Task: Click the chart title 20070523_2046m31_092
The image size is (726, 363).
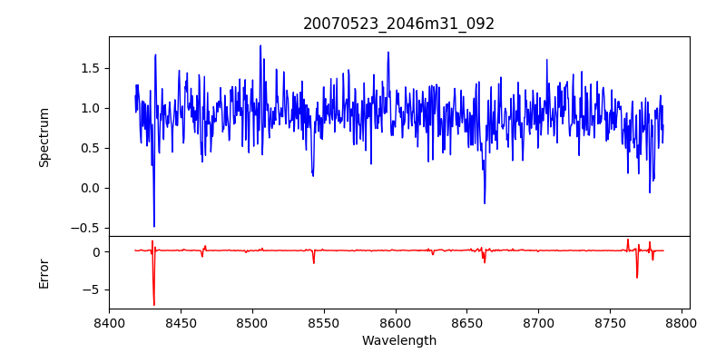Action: tap(398, 24)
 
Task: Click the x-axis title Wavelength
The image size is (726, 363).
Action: tap(398, 340)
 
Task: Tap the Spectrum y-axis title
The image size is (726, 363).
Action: tap(44, 137)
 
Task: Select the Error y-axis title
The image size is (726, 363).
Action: tap(44, 272)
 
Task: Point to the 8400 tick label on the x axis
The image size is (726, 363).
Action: tap(109, 323)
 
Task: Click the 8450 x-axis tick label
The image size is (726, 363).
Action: tap(181, 323)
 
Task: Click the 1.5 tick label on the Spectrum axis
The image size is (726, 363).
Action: tap(91, 68)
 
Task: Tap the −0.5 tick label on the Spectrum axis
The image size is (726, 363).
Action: tap(87, 228)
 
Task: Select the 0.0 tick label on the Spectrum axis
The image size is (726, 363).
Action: tap(91, 188)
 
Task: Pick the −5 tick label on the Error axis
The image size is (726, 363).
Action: tap(93, 289)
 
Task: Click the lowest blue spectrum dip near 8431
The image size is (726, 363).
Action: tap(154, 226)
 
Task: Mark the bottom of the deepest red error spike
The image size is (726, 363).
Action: tap(154, 305)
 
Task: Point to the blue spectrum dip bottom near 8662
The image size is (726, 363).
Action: tap(485, 203)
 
